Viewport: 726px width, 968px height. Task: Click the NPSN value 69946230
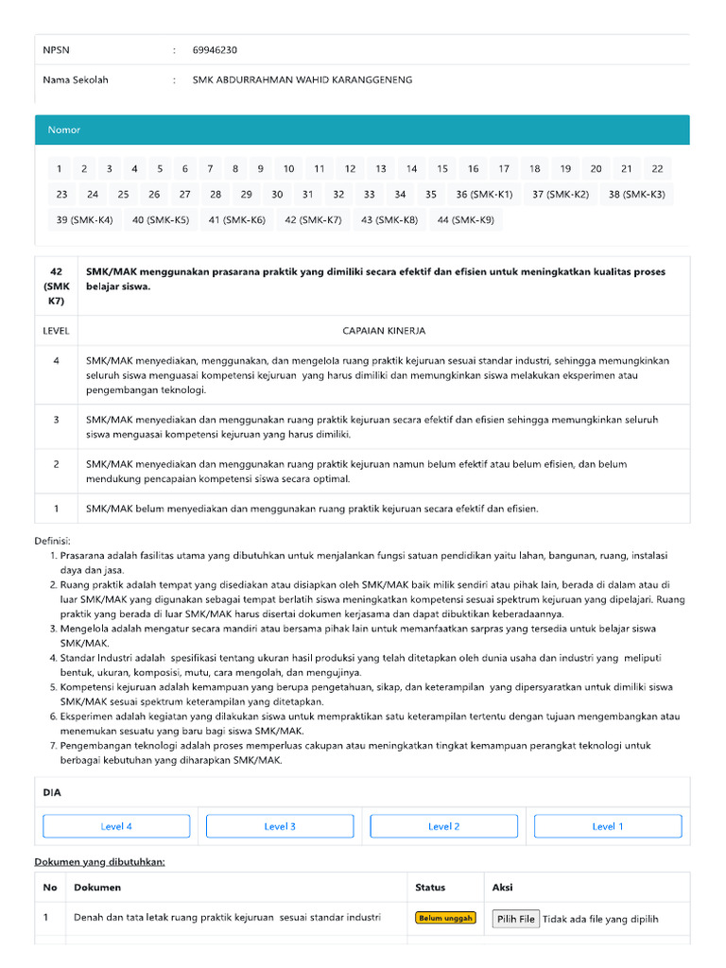click(x=215, y=50)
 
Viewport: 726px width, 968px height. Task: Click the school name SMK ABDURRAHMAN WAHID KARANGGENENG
click(x=302, y=80)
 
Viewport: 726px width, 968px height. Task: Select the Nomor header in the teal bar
click(x=64, y=130)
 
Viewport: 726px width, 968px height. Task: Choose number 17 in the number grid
click(x=504, y=169)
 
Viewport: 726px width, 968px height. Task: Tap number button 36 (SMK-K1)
click(x=484, y=195)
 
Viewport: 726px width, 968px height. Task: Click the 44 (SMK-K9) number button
click(x=465, y=220)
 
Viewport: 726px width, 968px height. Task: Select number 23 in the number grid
click(x=61, y=195)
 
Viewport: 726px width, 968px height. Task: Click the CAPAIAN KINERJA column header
click(x=383, y=331)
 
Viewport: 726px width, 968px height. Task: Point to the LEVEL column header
click(x=57, y=331)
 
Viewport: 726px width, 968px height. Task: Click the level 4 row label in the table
click(x=57, y=361)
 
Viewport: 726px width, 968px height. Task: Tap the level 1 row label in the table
click(x=57, y=509)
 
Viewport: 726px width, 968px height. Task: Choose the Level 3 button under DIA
click(x=280, y=826)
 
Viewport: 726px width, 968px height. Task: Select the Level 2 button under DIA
click(x=443, y=826)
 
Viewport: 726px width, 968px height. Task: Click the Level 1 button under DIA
click(x=607, y=826)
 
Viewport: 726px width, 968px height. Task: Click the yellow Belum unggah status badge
click(x=445, y=918)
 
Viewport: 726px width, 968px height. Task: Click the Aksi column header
click(x=503, y=888)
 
